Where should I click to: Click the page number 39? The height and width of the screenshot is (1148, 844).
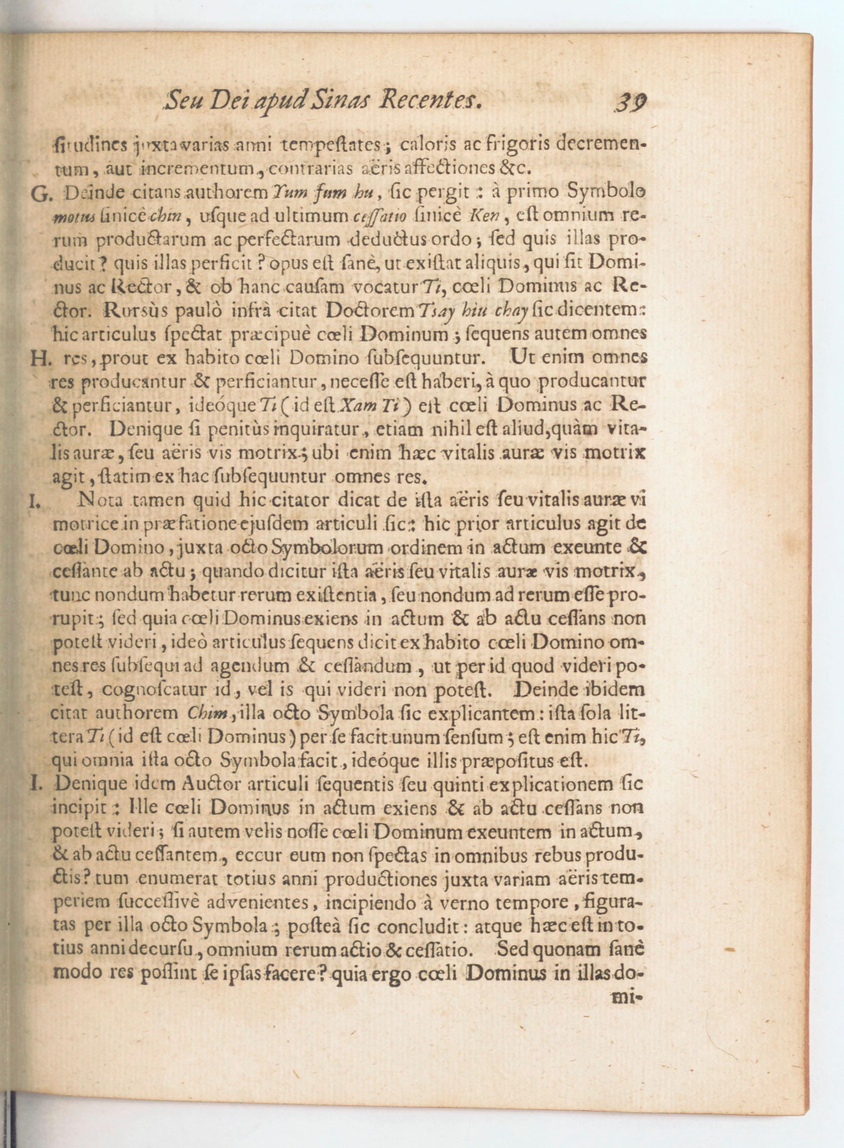point(632,102)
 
